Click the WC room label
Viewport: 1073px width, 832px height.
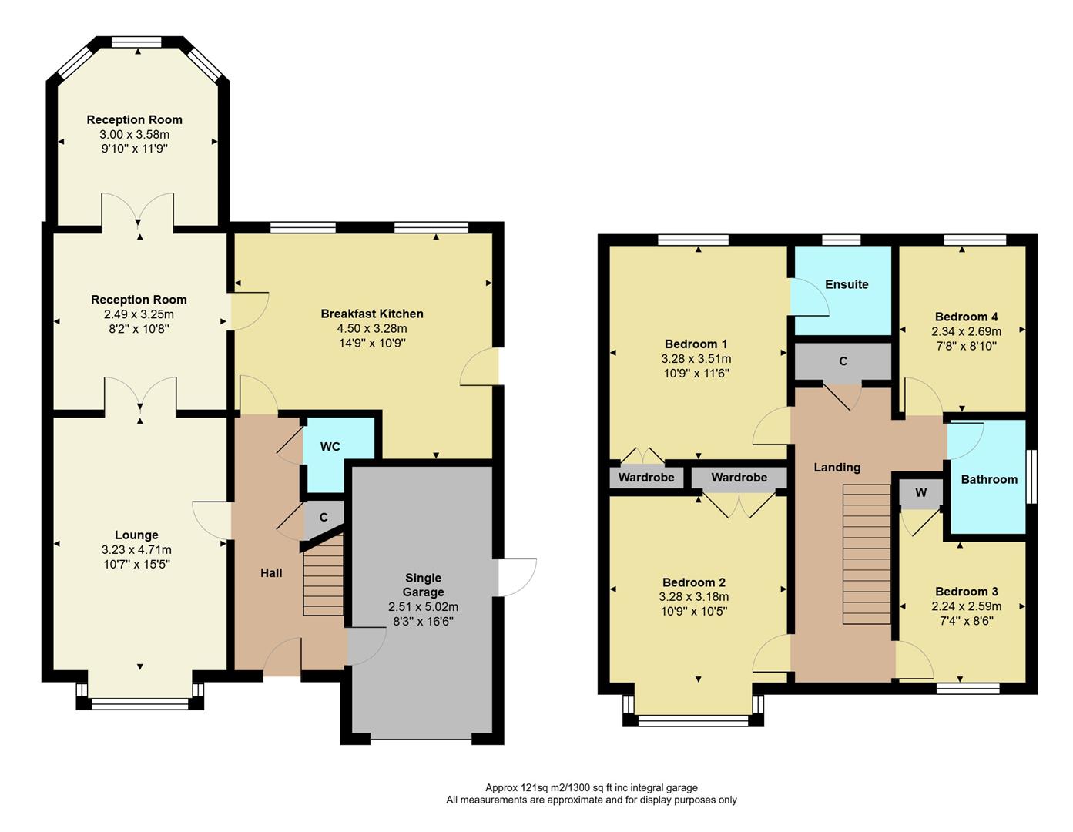330,447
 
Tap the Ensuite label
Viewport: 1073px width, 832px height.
847,284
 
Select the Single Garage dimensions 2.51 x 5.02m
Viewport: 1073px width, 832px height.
423,607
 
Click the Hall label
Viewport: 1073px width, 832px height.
271,573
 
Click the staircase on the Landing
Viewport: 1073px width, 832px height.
867,554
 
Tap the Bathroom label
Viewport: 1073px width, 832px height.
989,479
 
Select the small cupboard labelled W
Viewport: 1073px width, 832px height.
920,493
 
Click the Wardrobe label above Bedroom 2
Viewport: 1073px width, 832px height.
739,478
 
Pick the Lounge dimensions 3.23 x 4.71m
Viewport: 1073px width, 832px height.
136,550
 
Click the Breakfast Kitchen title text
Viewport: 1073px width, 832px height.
372,314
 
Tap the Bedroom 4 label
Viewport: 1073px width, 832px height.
966,317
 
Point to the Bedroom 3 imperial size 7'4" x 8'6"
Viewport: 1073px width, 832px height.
966,620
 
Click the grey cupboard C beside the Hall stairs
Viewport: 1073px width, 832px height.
324,518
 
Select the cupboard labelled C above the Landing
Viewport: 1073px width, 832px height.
843,361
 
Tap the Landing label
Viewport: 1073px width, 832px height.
837,468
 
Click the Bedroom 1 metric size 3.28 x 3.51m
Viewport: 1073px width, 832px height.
696,359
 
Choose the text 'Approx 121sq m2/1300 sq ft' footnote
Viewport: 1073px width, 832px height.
591,787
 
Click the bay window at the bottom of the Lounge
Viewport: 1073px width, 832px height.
140,701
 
